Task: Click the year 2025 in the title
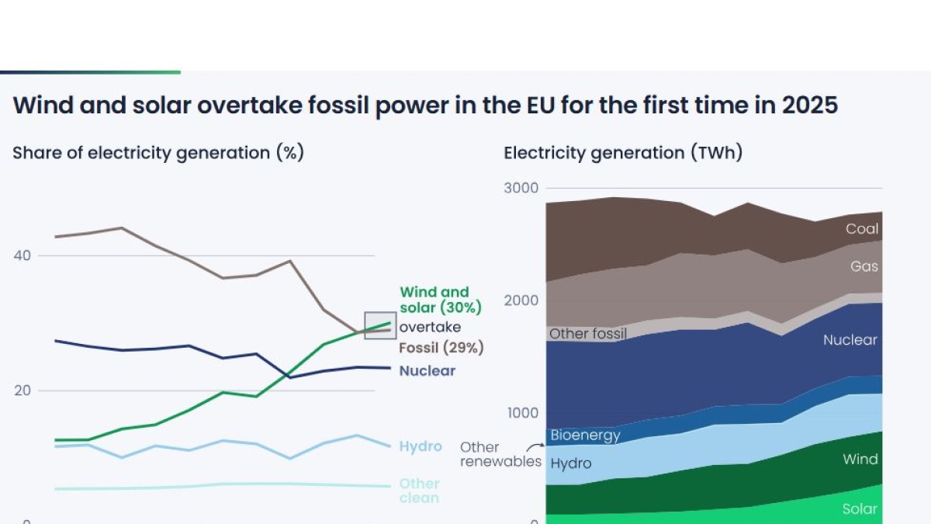tap(812, 106)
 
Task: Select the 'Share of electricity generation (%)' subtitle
tap(157, 153)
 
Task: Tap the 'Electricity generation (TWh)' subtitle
tap(623, 153)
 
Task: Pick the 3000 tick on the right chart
tap(521, 189)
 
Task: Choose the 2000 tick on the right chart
tap(521, 300)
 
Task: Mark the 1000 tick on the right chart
tap(523, 412)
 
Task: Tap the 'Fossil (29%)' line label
tap(441, 348)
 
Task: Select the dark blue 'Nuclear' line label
tap(427, 371)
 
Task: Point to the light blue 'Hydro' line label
tap(421, 446)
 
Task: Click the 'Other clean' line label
tap(419, 491)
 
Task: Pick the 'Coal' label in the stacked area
tap(862, 229)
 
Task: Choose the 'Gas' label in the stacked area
tap(864, 266)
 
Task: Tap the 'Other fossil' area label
tap(587, 334)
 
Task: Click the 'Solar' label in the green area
tap(860, 509)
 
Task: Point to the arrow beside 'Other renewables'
tap(535, 447)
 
